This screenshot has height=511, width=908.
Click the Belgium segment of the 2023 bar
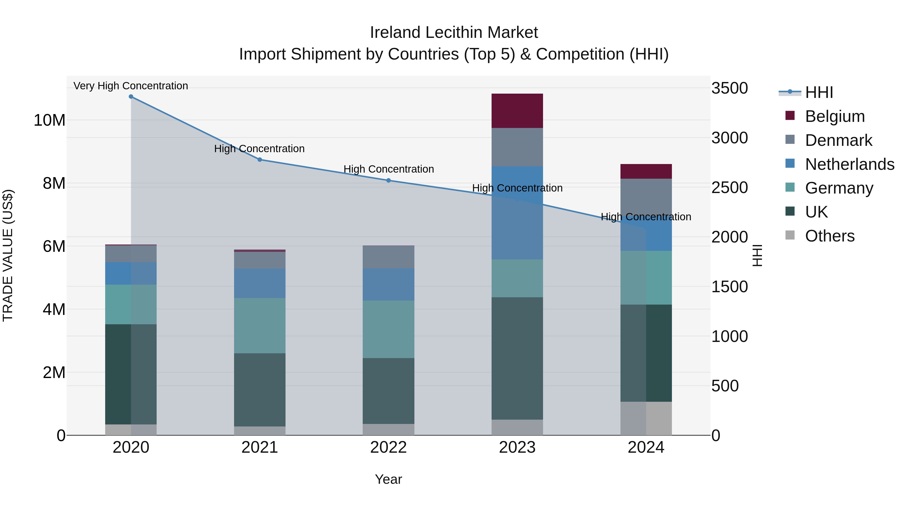(x=517, y=111)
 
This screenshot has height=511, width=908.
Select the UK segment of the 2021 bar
(x=260, y=390)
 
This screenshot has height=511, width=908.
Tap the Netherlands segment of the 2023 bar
(x=517, y=213)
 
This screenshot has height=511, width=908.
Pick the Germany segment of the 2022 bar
(x=388, y=329)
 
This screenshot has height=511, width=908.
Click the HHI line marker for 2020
(x=131, y=97)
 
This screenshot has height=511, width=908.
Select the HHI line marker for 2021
(x=260, y=159)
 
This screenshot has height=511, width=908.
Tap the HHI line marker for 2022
(x=388, y=180)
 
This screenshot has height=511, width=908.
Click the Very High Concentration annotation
(x=131, y=86)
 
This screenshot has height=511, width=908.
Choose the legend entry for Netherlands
(x=849, y=164)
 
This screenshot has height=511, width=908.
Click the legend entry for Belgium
(x=835, y=116)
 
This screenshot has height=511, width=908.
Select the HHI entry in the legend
(x=819, y=92)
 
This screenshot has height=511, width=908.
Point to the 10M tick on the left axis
(x=49, y=120)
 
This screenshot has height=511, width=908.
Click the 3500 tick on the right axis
(x=729, y=88)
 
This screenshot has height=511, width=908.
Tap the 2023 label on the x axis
(x=517, y=447)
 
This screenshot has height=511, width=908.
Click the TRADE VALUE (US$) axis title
(x=8, y=255)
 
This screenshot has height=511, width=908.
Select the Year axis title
(x=388, y=479)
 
